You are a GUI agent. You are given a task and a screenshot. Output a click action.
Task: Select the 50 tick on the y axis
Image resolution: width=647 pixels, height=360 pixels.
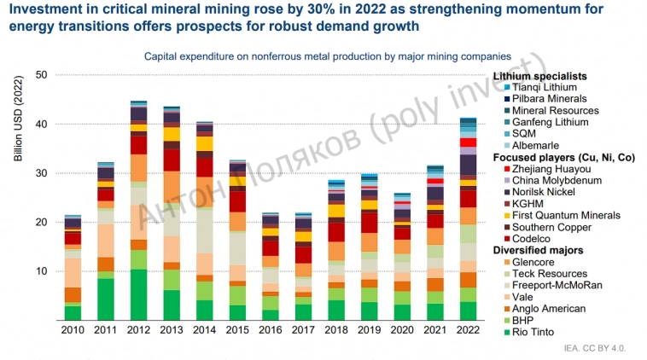point(39,75)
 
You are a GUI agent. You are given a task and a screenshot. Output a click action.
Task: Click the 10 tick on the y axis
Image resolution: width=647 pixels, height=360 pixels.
point(39,271)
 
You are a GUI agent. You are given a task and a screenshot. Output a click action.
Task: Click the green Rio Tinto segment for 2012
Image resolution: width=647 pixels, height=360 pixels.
point(137,294)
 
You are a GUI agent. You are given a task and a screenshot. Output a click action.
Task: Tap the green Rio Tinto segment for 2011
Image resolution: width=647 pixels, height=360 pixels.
point(105,299)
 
